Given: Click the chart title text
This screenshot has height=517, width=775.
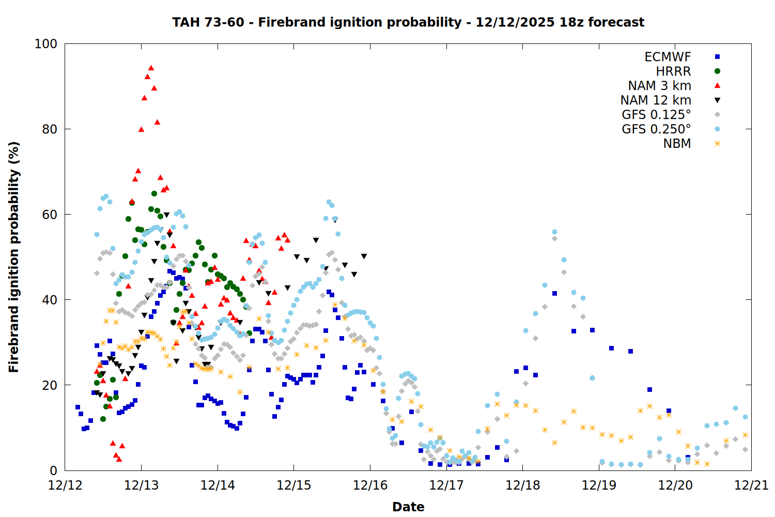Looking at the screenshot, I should pyautogui.click(x=408, y=22).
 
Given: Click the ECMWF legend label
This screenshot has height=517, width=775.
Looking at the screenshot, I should pyautogui.click(x=668, y=57).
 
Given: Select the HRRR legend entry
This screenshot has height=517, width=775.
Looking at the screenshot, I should pyautogui.click(x=673, y=71).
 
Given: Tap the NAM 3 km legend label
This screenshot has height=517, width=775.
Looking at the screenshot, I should pyautogui.click(x=659, y=86).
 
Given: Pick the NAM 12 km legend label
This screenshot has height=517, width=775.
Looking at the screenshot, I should pyautogui.click(x=656, y=100).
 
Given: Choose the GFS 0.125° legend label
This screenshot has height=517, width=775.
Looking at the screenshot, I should pyautogui.click(x=656, y=115).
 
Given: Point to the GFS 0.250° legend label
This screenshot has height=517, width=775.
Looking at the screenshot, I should pyautogui.click(x=656, y=129).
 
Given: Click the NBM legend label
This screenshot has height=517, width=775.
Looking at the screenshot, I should pyautogui.click(x=677, y=144).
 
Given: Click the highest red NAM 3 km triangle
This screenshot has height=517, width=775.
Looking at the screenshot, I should pyautogui.click(x=151, y=68).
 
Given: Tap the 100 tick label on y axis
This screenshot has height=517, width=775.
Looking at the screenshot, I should pyautogui.click(x=46, y=44).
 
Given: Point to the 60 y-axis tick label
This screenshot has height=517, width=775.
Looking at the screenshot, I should pyautogui.click(x=50, y=215).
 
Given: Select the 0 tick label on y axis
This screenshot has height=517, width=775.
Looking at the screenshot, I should pyautogui.click(x=53, y=470).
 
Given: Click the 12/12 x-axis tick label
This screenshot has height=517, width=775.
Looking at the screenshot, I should pyautogui.click(x=65, y=485).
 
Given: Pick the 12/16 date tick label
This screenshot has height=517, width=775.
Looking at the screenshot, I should pyautogui.click(x=370, y=485).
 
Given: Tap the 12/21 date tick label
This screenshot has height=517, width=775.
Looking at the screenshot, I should pyautogui.click(x=751, y=485).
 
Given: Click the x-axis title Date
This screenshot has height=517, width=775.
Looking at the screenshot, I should pyautogui.click(x=408, y=507).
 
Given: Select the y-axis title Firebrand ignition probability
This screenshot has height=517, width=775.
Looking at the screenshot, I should pyautogui.click(x=14, y=257).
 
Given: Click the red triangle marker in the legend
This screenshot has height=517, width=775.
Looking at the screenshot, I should pyautogui.click(x=717, y=86).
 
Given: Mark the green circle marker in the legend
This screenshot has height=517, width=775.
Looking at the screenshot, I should pyautogui.click(x=717, y=71).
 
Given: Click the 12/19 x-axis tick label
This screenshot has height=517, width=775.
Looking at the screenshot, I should pyautogui.click(x=599, y=485).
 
